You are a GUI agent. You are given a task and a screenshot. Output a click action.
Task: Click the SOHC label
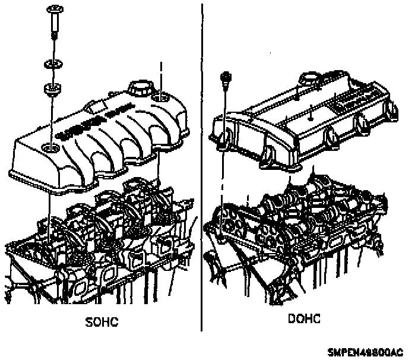click(102, 322)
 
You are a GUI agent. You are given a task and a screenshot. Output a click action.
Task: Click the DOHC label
click(304, 319)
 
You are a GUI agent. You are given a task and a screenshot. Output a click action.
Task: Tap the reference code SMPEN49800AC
click(368, 352)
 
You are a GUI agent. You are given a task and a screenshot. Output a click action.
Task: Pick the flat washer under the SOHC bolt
click(51, 64)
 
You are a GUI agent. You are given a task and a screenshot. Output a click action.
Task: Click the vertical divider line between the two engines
click(202, 166)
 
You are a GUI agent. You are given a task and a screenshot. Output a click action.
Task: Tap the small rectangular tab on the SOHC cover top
click(93, 106)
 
